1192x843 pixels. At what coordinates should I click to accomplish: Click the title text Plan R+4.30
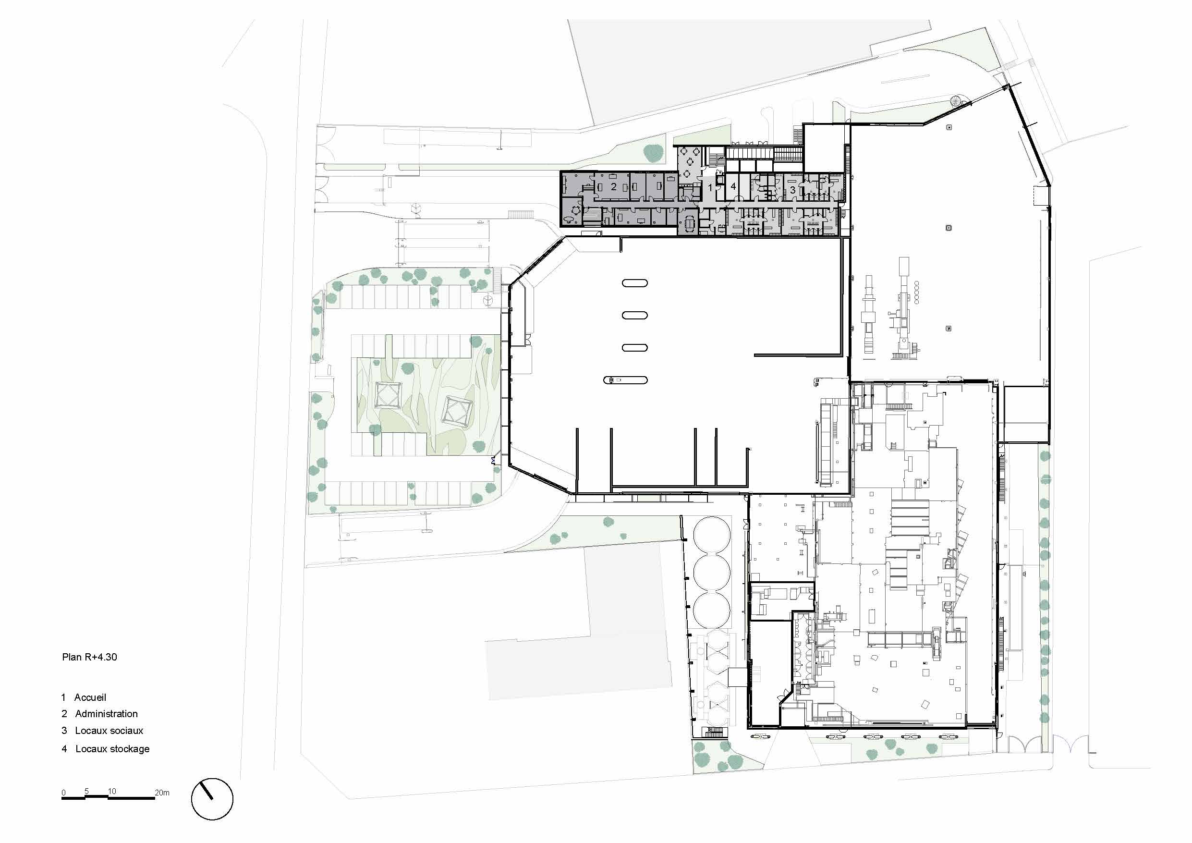click(89, 657)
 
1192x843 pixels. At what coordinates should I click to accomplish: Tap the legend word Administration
click(107, 714)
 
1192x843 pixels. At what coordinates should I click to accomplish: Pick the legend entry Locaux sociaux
click(109, 730)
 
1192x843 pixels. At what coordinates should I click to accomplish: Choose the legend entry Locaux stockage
click(113, 748)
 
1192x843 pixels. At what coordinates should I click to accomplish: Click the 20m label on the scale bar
click(162, 793)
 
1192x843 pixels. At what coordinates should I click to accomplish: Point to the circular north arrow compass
click(212, 799)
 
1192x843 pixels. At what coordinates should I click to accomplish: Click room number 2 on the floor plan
click(613, 186)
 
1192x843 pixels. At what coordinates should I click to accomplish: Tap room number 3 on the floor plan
click(792, 190)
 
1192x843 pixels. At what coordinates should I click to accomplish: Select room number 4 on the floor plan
click(733, 186)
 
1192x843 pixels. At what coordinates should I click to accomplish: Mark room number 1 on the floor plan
click(710, 187)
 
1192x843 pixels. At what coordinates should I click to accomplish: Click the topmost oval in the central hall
click(635, 283)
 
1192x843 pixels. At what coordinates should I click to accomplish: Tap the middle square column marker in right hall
click(949, 228)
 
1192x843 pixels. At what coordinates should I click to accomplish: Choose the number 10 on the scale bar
click(111, 791)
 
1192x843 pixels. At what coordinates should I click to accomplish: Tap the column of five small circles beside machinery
click(917, 292)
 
